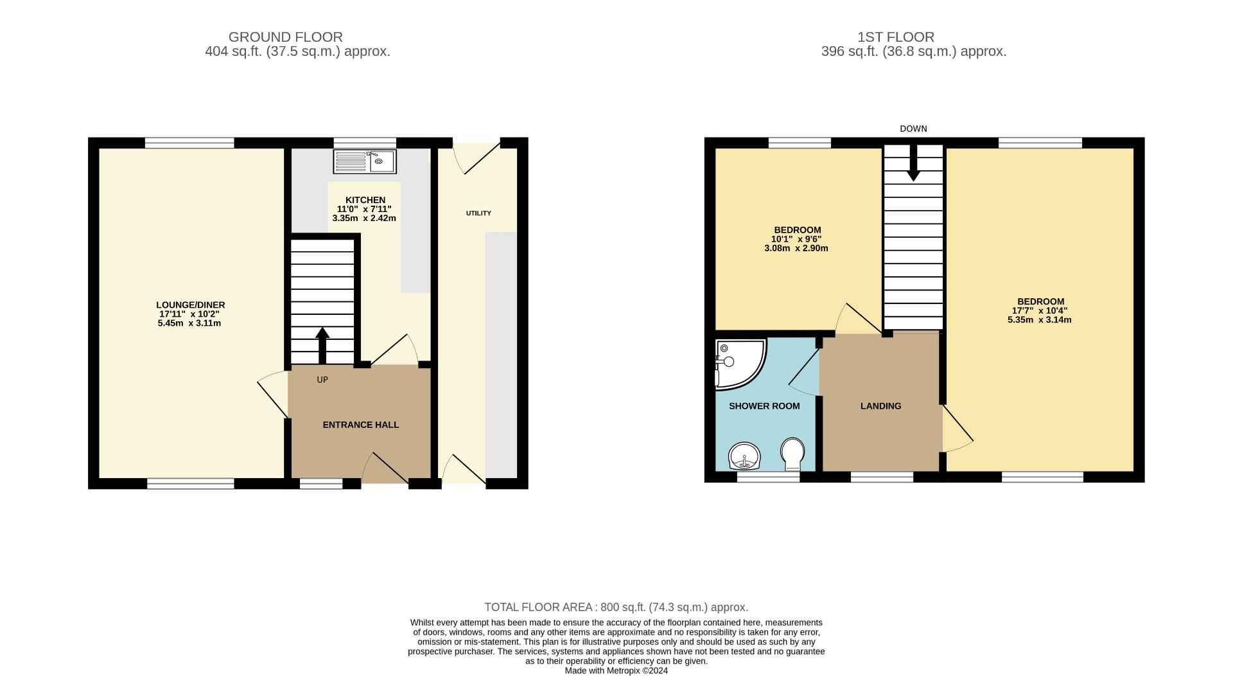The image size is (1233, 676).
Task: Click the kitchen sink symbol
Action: pos(365,161)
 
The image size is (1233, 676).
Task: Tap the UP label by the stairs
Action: pos(322,380)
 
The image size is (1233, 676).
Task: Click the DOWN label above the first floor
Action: pos(913,129)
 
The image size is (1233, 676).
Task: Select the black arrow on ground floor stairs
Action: pos(322,346)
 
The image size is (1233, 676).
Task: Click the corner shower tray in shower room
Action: pos(739,363)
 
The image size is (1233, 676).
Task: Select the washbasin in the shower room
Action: pos(744,456)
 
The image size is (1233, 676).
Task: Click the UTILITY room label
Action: pos(478,213)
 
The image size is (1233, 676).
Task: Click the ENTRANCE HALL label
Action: pos(360,425)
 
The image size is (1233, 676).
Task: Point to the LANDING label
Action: pos(880,406)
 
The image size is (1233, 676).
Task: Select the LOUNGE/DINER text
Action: pos(191,305)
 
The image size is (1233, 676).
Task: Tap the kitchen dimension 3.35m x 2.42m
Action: pos(364,218)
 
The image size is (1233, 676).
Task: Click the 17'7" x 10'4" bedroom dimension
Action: pos(1040,310)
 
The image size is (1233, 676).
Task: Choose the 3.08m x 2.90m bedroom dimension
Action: pos(796,248)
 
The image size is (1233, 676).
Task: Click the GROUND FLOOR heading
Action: pos(285,37)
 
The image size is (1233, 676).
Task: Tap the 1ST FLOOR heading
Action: pos(913,37)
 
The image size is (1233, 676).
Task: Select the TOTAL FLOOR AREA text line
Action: pos(616,607)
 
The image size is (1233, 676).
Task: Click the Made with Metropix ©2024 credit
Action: pos(616,671)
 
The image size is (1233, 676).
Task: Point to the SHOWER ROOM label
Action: pos(764,406)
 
